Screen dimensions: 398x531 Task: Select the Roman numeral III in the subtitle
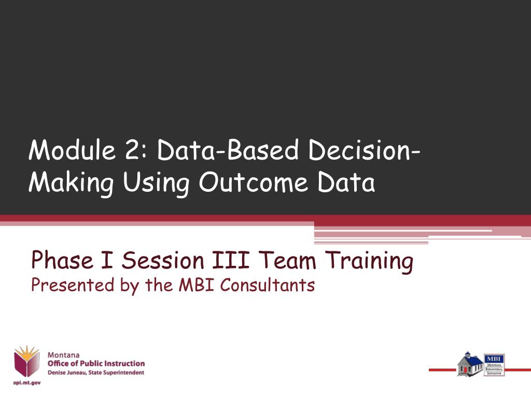click(x=231, y=260)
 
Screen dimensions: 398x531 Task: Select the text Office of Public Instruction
click(x=96, y=364)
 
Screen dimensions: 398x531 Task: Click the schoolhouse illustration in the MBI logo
click(x=469, y=364)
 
